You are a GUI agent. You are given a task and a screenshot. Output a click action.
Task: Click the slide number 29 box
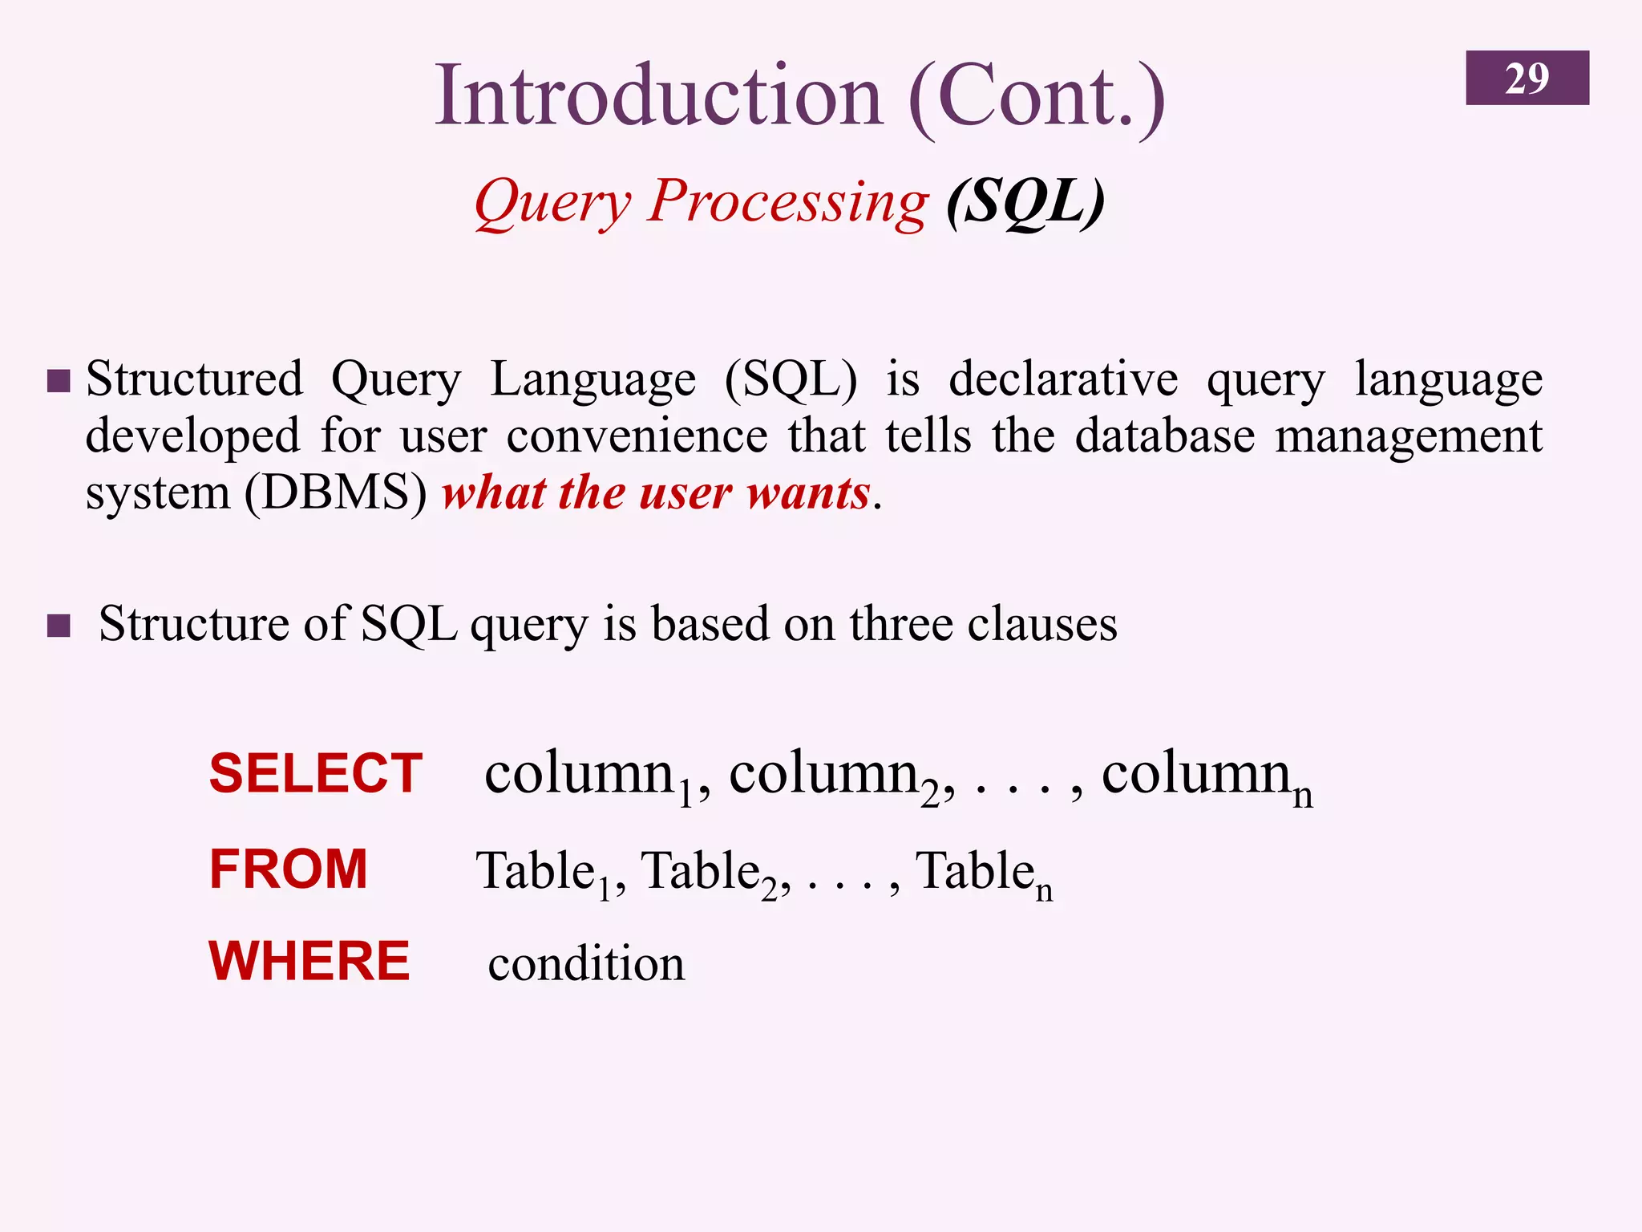pyautogui.click(x=1527, y=78)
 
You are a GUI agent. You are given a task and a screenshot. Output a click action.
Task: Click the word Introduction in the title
pyautogui.click(x=657, y=96)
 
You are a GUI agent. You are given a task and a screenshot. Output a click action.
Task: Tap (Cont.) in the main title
pyautogui.click(x=1036, y=98)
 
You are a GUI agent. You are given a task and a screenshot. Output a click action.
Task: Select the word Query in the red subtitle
pyautogui.click(x=553, y=202)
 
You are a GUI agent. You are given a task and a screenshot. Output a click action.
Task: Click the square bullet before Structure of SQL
pyautogui.click(x=59, y=625)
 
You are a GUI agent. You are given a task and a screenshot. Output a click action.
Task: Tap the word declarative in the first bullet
pyautogui.click(x=1063, y=379)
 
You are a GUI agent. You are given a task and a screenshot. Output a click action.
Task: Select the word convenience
pyautogui.click(x=637, y=436)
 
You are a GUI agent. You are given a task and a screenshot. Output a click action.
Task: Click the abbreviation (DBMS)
pyautogui.click(x=336, y=492)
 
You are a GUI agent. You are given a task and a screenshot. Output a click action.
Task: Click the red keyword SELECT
pyautogui.click(x=316, y=774)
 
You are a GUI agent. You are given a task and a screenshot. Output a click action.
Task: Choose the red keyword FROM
pyautogui.click(x=289, y=869)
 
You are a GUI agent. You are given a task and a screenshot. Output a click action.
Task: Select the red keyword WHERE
pyautogui.click(x=309, y=961)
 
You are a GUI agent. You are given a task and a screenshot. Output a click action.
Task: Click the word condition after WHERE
pyautogui.click(x=586, y=963)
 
